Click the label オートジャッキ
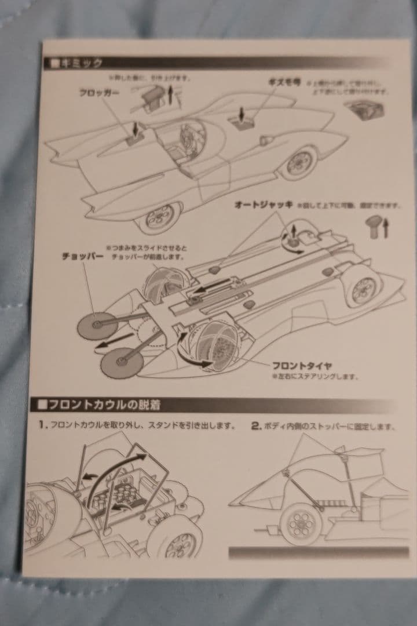(264, 205)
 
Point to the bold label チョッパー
(82, 256)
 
